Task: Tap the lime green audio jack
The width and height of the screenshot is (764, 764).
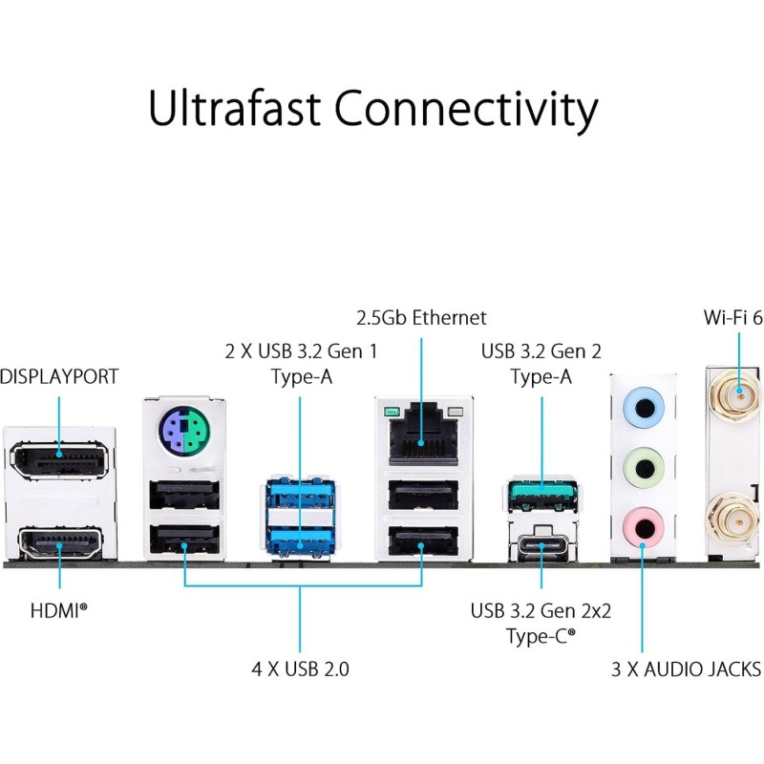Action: pyautogui.click(x=644, y=468)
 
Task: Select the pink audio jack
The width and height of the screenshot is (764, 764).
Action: pyautogui.click(x=644, y=525)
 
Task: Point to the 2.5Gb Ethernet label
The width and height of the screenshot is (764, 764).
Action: pyautogui.click(x=421, y=318)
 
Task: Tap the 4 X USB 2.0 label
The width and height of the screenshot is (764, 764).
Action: pyautogui.click(x=300, y=668)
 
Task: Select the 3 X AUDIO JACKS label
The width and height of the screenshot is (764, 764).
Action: pyautogui.click(x=686, y=668)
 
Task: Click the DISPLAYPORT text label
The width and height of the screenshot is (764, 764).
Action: pyautogui.click(x=59, y=376)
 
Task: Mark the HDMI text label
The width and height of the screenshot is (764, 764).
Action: pyautogui.click(x=59, y=608)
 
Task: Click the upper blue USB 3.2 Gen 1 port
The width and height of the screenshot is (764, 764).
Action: pyautogui.click(x=300, y=499)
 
